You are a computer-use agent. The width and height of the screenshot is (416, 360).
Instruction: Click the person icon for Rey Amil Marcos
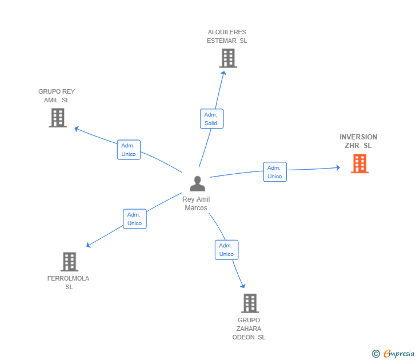(x=197, y=183)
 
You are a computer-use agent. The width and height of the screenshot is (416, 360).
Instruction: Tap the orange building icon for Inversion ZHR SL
(x=360, y=163)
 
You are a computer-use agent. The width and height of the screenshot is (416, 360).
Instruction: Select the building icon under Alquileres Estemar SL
(x=228, y=58)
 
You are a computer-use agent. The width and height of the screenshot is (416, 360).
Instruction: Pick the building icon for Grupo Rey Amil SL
(x=58, y=118)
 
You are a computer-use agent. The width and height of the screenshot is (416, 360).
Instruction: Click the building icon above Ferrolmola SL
(x=70, y=262)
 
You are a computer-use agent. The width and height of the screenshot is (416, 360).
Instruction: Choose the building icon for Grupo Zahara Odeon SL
(x=250, y=303)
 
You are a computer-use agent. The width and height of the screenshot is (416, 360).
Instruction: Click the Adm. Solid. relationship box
(x=211, y=119)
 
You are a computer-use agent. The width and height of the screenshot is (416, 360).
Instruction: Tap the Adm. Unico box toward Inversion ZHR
(x=275, y=172)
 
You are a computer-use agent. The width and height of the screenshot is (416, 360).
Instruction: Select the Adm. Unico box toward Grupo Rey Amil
(x=129, y=150)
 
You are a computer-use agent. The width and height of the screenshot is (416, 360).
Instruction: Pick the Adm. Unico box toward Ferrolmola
(x=135, y=219)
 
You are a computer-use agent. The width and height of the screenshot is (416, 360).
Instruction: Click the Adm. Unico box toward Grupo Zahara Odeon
(x=226, y=250)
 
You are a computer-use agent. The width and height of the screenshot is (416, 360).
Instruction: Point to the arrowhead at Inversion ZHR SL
(x=338, y=167)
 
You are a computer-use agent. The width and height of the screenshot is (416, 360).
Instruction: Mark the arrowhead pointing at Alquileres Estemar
(x=223, y=73)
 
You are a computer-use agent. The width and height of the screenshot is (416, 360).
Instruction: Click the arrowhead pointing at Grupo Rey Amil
(x=77, y=129)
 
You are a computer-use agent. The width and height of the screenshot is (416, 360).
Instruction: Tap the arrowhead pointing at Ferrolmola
(x=89, y=245)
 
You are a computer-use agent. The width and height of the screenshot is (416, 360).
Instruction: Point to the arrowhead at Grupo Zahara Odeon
(x=243, y=286)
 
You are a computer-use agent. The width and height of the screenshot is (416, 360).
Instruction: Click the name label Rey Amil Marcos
(x=196, y=203)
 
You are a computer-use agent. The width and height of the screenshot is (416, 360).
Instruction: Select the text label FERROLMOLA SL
(x=68, y=282)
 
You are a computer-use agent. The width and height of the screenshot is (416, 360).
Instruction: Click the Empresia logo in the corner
(x=399, y=353)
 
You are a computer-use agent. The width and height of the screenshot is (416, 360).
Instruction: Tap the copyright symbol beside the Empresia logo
(x=376, y=354)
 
